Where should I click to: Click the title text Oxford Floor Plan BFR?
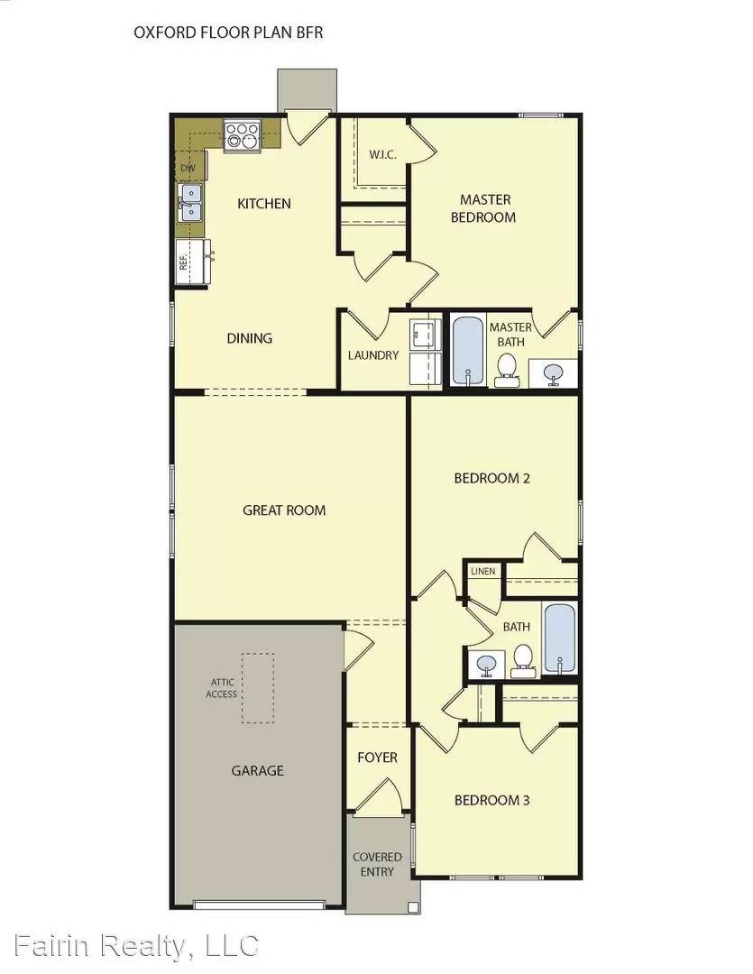point(228,32)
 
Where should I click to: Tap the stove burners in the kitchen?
point(242,134)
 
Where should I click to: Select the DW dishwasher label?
point(188,168)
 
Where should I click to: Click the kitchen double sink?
point(190,202)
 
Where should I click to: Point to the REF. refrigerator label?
point(183,262)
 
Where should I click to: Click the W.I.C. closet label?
point(382,154)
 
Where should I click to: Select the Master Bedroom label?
point(485,208)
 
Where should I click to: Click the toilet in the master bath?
point(507,367)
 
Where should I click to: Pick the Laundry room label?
point(373,355)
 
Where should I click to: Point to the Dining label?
point(250,338)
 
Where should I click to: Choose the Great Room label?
point(284,510)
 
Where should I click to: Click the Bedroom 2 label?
point(491,478)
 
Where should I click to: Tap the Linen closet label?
point(482,572)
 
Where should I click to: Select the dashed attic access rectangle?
point(258,688)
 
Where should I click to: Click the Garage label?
point(257,770)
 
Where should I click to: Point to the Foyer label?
point(377,758)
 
